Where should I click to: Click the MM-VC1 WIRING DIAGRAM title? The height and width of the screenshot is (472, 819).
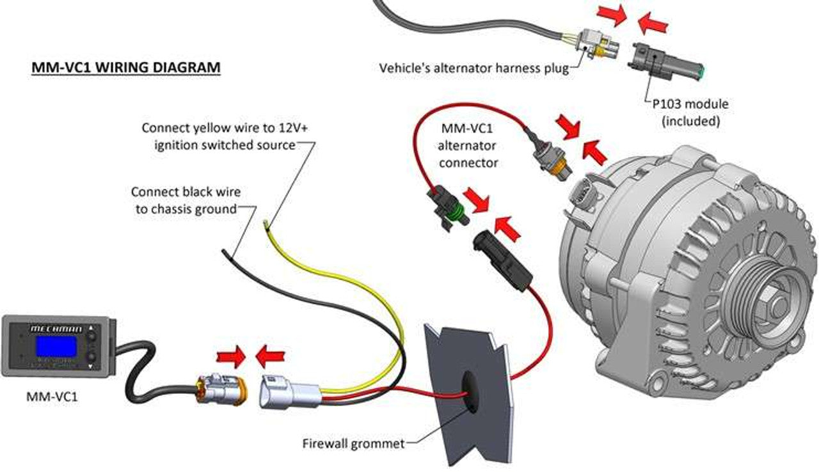[x=126, y=67]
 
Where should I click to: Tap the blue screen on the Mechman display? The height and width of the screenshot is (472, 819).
[x=55, y=347]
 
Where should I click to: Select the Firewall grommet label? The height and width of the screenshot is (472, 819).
[x=353, y=443]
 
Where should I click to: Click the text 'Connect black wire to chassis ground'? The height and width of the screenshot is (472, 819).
[x=184, y=200]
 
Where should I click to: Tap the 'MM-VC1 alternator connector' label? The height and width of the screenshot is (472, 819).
[x=468, y=144]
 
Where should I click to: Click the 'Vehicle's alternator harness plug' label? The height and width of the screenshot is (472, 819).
[x=473, y=68]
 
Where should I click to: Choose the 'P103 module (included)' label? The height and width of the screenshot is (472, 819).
[x=687, y=112]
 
